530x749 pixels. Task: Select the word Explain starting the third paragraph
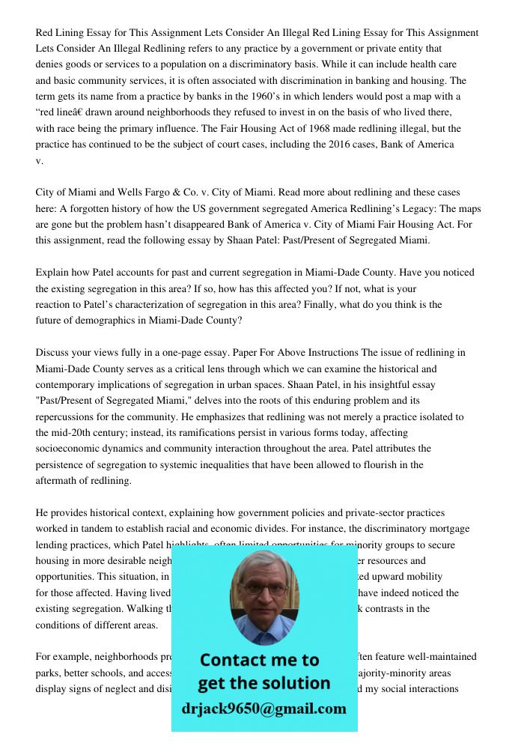52,273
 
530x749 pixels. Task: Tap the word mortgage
448,529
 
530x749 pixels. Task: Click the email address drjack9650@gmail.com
264,709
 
